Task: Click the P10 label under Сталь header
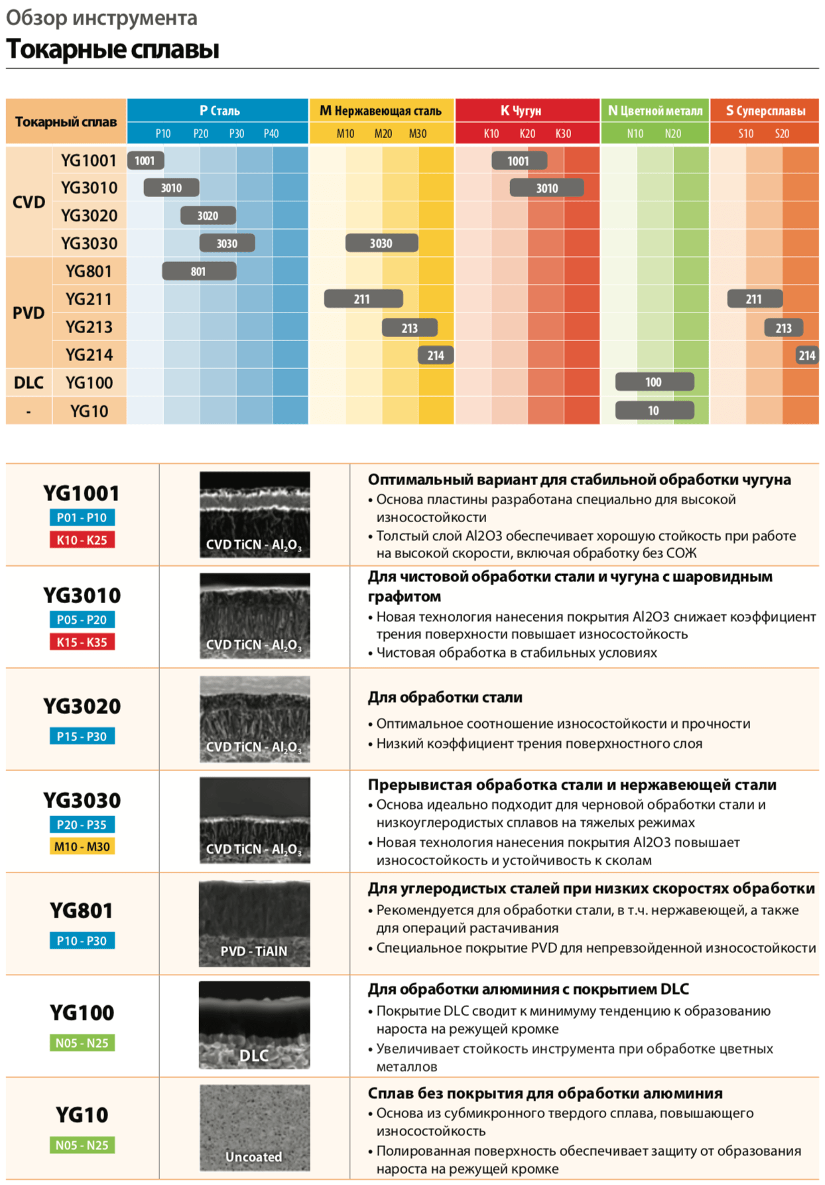point(163,133)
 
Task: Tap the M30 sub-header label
point(418,133)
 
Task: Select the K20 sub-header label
point(527,133)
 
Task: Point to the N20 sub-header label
point(672,133)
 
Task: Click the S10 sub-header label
point(745,133)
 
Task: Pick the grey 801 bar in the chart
point(199,271)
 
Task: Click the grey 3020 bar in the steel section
point(208,216)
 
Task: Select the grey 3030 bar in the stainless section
point(381,244)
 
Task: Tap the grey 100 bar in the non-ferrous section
point(654,382)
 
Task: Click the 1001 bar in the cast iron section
point(519,161)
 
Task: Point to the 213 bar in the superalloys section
point(783,328)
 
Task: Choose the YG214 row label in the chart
point(89,355)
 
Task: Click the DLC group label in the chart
point(29,383)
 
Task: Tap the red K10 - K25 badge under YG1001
point(82,540)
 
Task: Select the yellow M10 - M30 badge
point(82,847)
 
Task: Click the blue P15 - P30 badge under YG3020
point(82,736)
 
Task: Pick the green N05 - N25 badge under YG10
point(82,1145)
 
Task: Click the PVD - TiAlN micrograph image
point(254,924)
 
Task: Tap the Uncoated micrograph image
point(255,1127)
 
